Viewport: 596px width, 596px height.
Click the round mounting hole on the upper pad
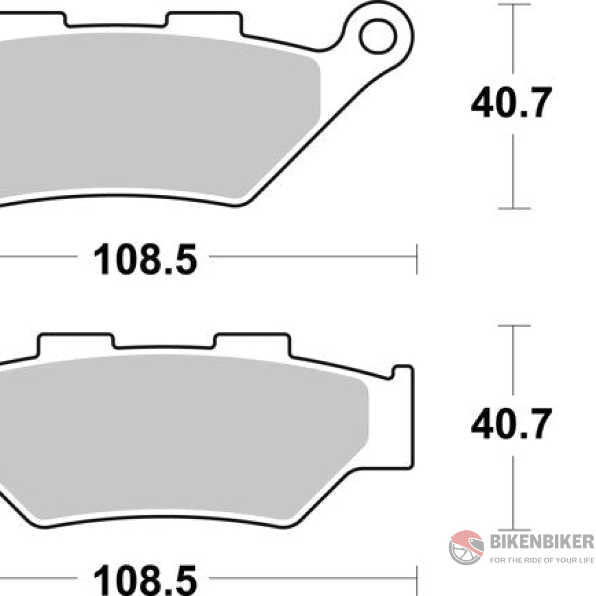tap(377, 36)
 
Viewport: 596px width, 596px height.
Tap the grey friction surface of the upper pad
tap(157, 116)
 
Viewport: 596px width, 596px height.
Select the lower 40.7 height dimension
tap(510, 424)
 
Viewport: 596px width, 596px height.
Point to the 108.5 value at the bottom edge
tap(146, 580)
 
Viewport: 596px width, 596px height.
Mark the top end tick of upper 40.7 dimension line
tap(513, 5)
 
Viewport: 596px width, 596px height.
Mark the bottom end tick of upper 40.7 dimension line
tap(513, 208)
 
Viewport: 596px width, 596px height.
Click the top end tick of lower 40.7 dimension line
tap(513, 326)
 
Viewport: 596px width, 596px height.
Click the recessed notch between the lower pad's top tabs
tap(164, 347)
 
